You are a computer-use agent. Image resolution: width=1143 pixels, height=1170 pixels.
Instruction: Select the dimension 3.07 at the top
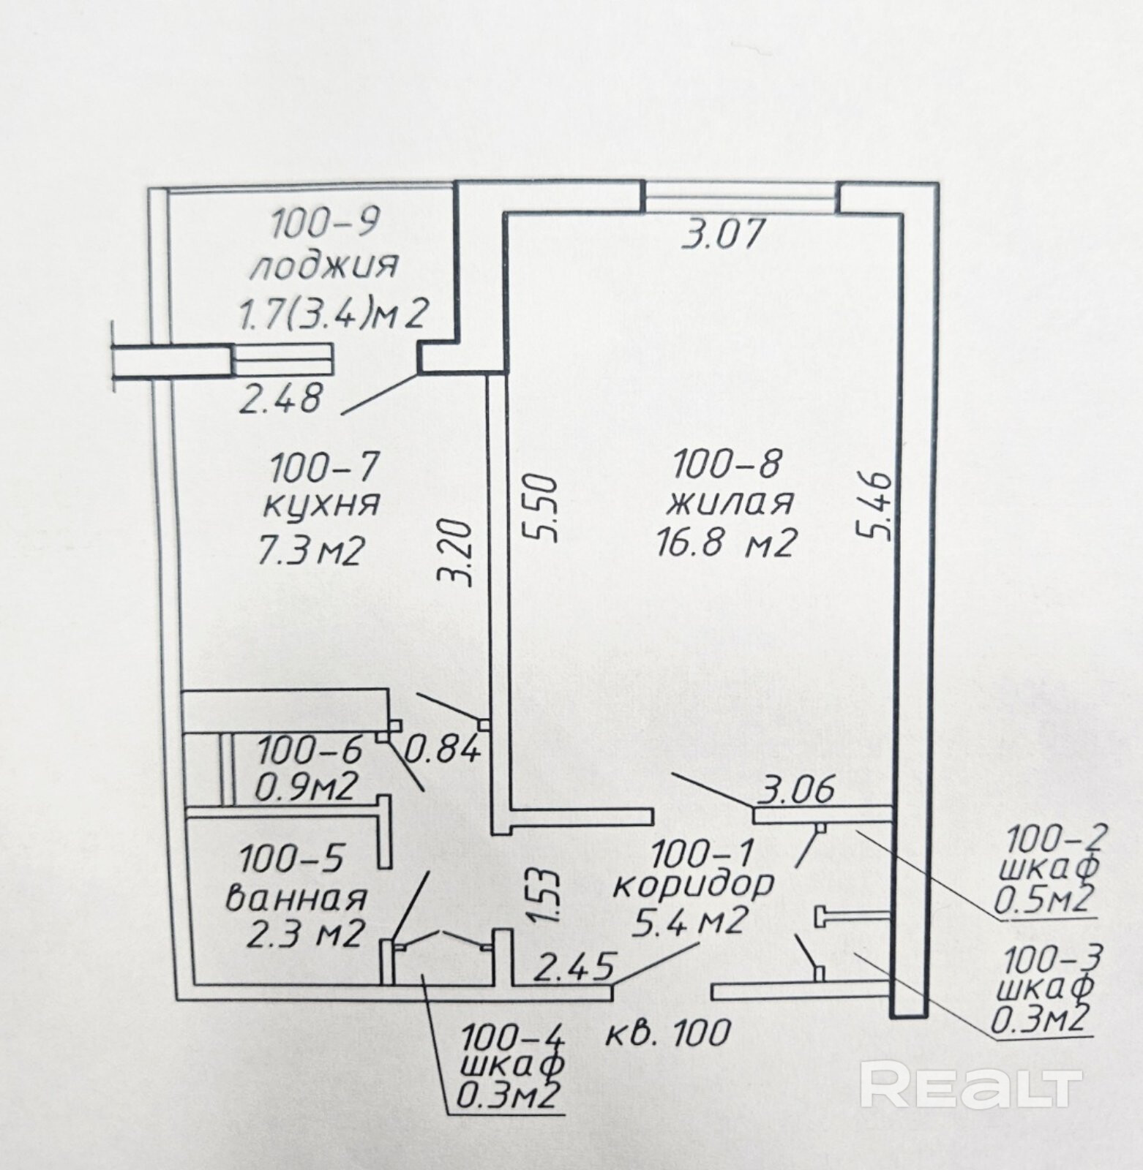point(722,235)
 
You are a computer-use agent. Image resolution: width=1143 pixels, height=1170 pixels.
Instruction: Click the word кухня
point(321,504)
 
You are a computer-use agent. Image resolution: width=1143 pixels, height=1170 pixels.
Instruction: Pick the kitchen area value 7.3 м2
point(310,549)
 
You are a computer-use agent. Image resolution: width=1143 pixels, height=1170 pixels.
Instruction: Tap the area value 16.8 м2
point(724,544)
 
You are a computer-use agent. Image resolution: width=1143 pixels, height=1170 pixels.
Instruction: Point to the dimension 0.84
point(443,748)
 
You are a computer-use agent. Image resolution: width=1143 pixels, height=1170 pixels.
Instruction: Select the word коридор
point(692,884)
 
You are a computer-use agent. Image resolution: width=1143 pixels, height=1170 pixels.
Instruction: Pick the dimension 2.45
point(573,967)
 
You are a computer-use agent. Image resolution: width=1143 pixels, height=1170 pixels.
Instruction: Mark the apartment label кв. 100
point(669,1033)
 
